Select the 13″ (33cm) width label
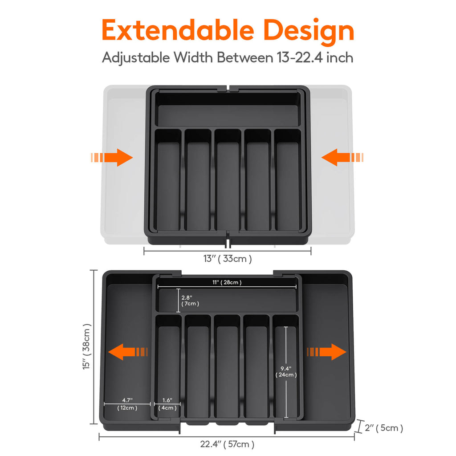228,258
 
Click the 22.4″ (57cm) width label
227,444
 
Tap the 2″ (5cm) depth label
383,428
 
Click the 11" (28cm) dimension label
227,282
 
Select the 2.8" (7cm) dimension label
190,301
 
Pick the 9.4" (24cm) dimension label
286,371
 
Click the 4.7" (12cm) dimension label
127,404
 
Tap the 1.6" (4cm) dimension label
167,404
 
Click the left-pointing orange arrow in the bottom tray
127,352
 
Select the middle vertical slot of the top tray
228,183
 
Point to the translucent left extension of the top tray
125,200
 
